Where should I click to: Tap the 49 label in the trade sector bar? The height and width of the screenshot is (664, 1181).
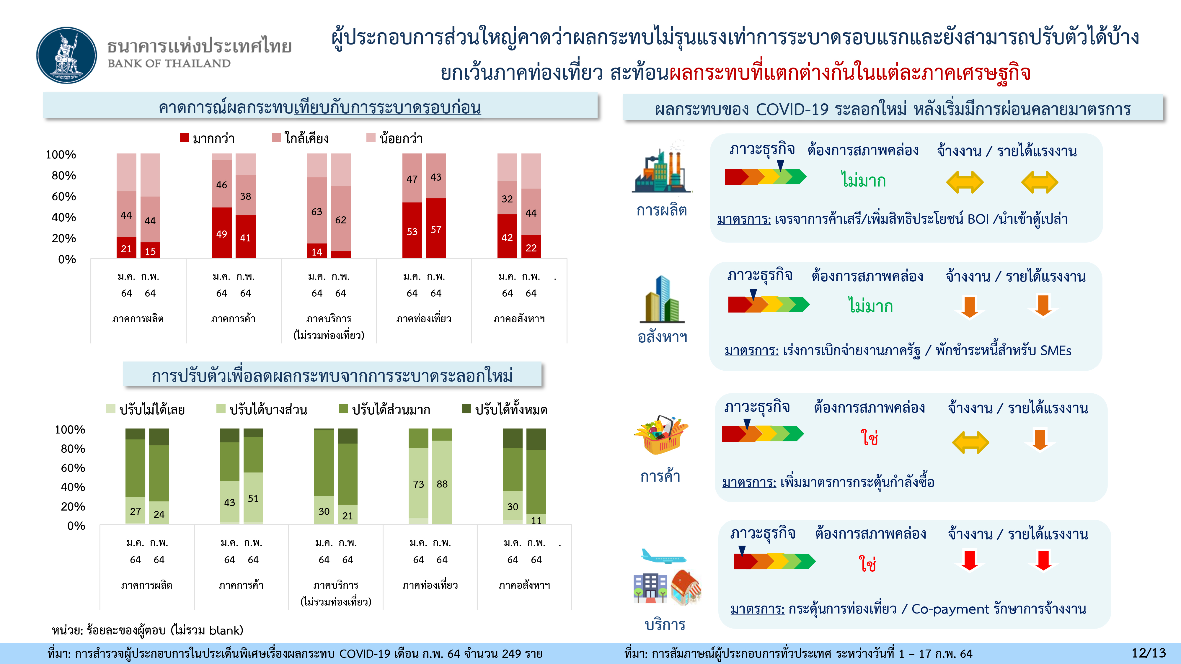(x=221, y=234)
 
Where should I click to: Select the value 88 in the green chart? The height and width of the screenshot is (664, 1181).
(x=442, y=484)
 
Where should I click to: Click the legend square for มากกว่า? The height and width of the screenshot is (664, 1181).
(x=184, y=138)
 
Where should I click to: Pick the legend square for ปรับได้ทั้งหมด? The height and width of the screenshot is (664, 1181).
(x=466, y=408)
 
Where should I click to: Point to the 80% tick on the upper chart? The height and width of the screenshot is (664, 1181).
(x=64, y=176)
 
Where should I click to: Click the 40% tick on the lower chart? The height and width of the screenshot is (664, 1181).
(x=73, y=487)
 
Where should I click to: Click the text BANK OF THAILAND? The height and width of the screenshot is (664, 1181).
(x=169, y=63)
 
